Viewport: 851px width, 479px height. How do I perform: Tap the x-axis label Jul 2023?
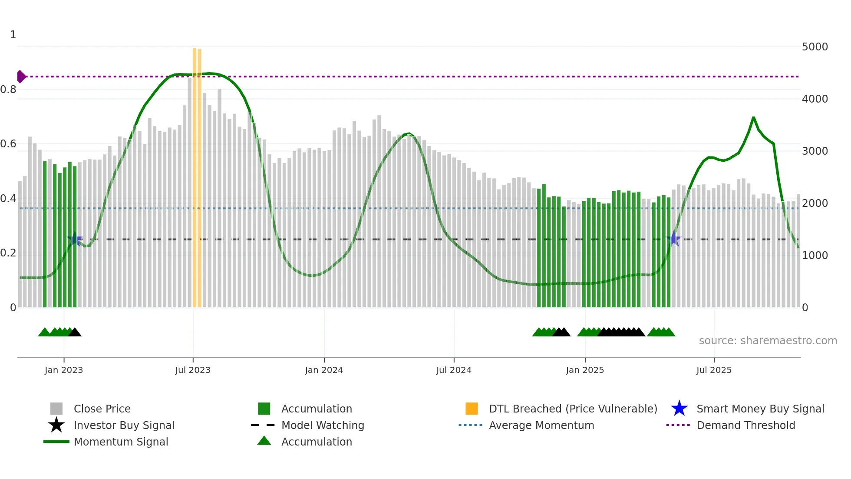193,370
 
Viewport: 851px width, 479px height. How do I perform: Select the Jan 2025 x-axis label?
585,370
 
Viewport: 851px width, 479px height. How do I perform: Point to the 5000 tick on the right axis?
815,47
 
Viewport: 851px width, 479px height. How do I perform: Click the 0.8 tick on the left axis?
8,90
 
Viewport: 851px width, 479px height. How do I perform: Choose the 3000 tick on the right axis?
815,151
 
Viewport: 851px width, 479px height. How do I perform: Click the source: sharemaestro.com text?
768,341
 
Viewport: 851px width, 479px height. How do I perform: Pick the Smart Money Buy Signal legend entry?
760,409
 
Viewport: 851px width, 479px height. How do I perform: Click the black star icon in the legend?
56,425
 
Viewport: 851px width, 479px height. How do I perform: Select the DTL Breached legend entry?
573,409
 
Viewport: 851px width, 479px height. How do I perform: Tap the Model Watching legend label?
323,425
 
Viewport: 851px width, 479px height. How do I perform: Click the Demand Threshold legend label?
745,425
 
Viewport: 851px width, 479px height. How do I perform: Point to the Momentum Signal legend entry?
121,442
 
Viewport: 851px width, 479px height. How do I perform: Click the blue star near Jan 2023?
75,239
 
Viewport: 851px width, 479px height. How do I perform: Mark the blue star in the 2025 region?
674,239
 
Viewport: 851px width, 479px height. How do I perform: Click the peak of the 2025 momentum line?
753,117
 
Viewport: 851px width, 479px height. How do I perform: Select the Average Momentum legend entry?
541,425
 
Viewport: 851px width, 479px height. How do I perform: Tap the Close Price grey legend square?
56,409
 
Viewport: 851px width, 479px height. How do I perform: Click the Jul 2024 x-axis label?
454,370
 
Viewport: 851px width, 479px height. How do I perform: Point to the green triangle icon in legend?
264,441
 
